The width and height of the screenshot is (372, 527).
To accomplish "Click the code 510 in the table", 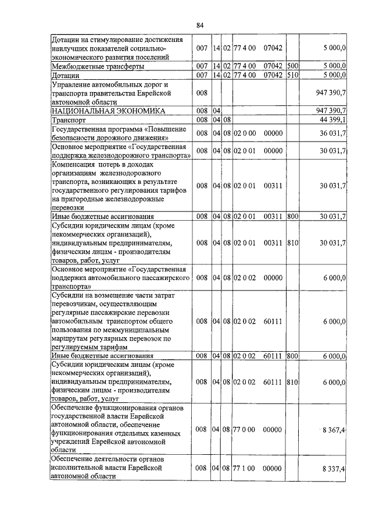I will (x=292, y=75).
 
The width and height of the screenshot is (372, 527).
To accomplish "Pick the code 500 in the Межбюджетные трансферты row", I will (x=292, y=66).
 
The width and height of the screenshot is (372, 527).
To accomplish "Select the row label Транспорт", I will (x=69, y=119).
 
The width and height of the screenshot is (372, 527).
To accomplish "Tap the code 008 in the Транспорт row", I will (x=202, y=119).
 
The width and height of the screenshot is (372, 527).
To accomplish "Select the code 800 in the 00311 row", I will (x=292, y=216).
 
